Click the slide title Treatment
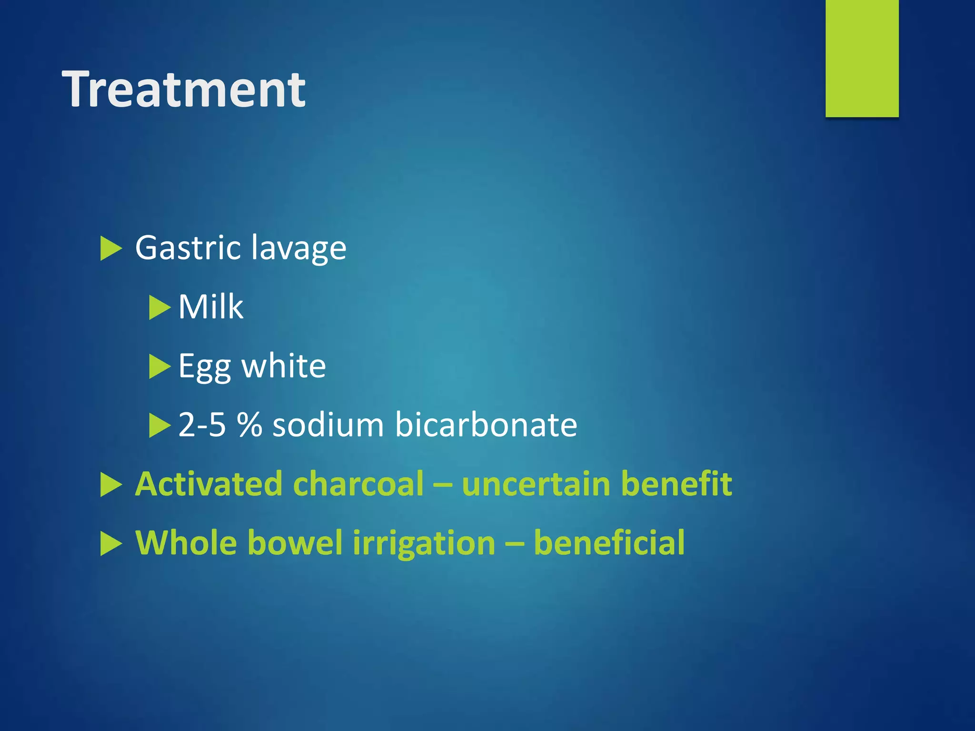(184, 89)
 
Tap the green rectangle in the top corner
(862, 58)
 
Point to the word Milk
(210, 306)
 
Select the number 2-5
(202, 425)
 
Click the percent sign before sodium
(249, 425)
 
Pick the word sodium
(328, 425)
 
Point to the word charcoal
(358, 484)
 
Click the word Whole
(186, 543)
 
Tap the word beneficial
(609, 543)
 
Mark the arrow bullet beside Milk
(159, 307)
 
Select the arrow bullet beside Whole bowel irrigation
(111, 543)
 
